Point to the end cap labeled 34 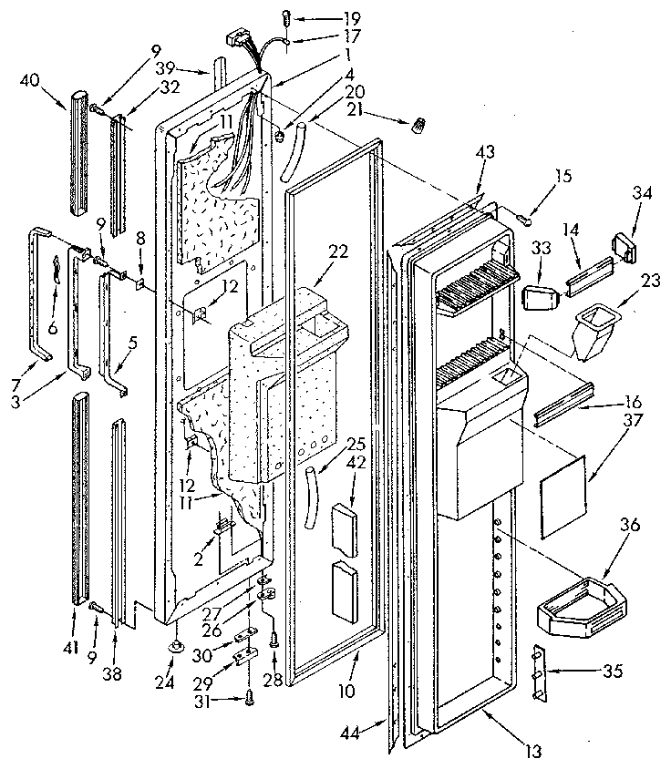point(624,247)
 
